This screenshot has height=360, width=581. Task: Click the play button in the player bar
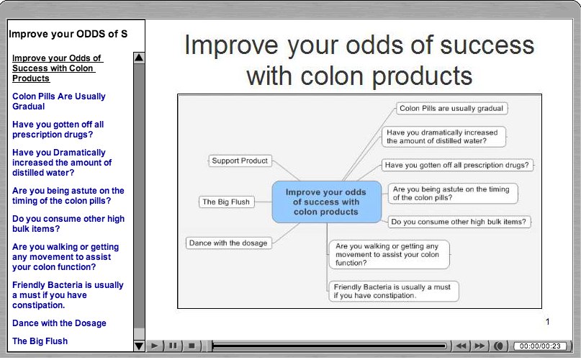154,346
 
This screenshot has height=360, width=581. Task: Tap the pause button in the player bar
173,346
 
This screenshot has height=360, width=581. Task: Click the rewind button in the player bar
461,346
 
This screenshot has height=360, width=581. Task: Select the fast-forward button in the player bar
479,346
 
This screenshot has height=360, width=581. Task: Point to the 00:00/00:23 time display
540,346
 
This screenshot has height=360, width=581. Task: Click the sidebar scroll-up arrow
139,58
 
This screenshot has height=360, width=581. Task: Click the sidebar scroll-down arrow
139,346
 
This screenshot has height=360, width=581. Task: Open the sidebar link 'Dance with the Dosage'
59,323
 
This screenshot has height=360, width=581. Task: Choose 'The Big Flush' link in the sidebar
40,341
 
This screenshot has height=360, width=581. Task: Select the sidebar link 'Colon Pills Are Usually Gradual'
59,102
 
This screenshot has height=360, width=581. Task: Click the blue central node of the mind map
326,202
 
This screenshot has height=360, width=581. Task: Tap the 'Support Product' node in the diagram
240,161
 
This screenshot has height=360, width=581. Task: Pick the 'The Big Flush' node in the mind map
226,202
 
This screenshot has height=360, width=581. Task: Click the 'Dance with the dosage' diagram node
228,243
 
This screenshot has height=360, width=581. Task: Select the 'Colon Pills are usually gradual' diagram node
451,109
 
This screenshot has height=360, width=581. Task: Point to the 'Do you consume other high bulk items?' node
459,222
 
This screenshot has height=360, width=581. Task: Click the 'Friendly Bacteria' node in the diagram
393,291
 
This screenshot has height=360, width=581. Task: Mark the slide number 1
547,322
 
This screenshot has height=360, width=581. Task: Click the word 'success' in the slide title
487,45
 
